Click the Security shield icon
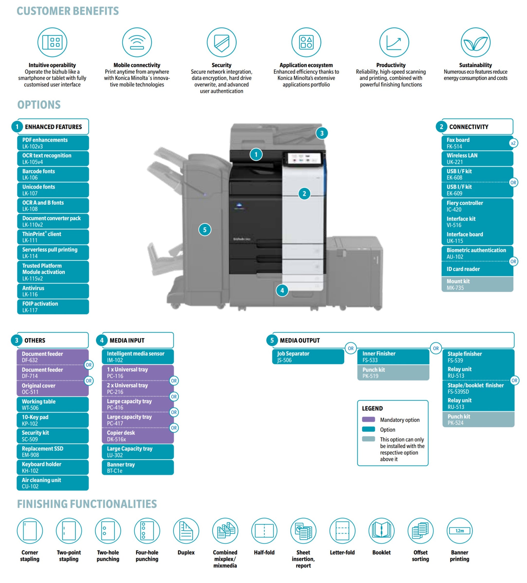[x=222, y=42]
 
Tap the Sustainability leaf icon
[x=475, y=42]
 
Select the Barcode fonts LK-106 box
[x=53, y=174]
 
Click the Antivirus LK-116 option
[x=53, y=291]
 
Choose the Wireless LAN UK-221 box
[x=477, y=159]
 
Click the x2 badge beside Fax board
[x=513, y=143]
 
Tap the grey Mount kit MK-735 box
[x=477, y=284]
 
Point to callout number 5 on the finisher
[x=205, y=230]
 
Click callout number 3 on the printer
[x=322, y=133]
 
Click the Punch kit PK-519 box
[x=393, y=373]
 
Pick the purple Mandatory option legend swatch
[x=368, y=419]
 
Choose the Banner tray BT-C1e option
[x=138, y=467]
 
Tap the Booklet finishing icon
[x=381, y=531]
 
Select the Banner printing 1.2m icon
[x=459, y=531]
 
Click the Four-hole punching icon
[x=147, y=531]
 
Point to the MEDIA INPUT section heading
[x=127, y=340]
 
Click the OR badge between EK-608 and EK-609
[x=513, y=182]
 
